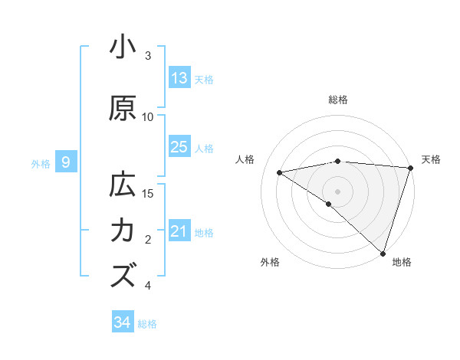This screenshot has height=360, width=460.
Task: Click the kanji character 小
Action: pos(123,47)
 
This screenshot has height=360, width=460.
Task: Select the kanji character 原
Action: pos(123,109)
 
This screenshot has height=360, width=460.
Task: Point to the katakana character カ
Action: pos(123,231)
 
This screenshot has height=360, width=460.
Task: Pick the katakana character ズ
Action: pos(123,276)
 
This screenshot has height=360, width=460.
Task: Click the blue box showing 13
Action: pos(179,78)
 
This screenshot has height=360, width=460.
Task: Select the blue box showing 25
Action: pos(179,147)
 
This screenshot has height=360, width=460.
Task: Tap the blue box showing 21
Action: pos(179,231)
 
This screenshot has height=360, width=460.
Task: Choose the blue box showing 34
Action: pos(123,322)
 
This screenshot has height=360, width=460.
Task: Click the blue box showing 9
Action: pos(66,162)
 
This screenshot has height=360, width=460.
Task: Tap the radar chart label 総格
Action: pos(337,100)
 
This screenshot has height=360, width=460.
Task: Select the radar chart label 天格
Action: pos(431,159)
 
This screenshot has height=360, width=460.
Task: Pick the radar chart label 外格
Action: pos(269,262)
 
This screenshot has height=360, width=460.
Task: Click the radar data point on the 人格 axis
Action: pos(280,172)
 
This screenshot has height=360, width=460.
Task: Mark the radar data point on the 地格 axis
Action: pos(383,252)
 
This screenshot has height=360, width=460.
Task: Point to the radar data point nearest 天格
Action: pos(410,168)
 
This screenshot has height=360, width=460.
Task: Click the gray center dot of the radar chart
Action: pos(337,191)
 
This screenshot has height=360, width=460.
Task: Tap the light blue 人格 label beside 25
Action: pos(204,148)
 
